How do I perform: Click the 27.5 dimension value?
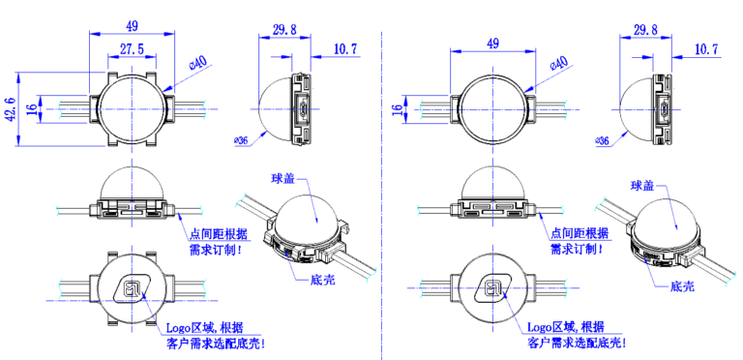132,47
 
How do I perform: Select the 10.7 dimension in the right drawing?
705,48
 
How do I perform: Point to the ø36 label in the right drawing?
602,141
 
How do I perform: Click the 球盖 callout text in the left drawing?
284,178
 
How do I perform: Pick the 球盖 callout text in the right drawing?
642,185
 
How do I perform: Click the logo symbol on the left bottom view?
130,287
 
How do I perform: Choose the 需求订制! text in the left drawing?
215,249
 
